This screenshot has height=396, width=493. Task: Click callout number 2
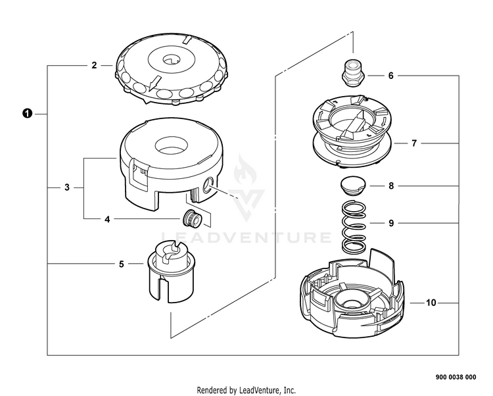[x=94, y=65]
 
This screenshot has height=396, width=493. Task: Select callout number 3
[x=67, y=187]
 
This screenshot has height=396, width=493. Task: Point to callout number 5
[x=121, y=264]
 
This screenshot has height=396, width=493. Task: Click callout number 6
[x=390, y=76]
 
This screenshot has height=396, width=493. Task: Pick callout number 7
[x=413, y=143]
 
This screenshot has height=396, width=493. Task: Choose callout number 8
[x=390, y=186]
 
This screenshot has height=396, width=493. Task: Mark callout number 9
[x=390, y=223]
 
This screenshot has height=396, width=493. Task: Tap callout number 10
[x=431, y=303]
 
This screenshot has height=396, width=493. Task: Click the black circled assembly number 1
[x=26, y=114]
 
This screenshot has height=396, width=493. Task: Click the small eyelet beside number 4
[x=191, y=218]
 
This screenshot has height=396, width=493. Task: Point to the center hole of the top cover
[x=170, y=61]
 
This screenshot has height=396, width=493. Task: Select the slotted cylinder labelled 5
[x=170, y=270]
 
